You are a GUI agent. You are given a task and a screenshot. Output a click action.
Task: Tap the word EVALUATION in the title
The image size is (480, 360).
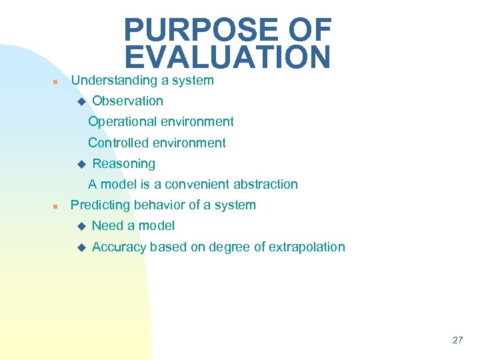227,57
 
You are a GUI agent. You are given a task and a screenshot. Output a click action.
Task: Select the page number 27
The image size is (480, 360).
457,340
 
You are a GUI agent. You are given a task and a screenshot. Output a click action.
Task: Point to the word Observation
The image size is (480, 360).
127,101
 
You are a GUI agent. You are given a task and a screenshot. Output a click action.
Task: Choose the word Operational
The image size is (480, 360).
121,122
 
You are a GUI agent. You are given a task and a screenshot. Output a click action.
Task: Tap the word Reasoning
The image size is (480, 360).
123,164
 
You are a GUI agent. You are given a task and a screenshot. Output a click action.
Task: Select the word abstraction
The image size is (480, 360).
265,185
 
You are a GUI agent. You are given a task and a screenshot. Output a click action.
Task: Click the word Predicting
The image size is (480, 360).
99,205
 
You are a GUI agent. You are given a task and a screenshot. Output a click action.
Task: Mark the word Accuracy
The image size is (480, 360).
119,247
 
